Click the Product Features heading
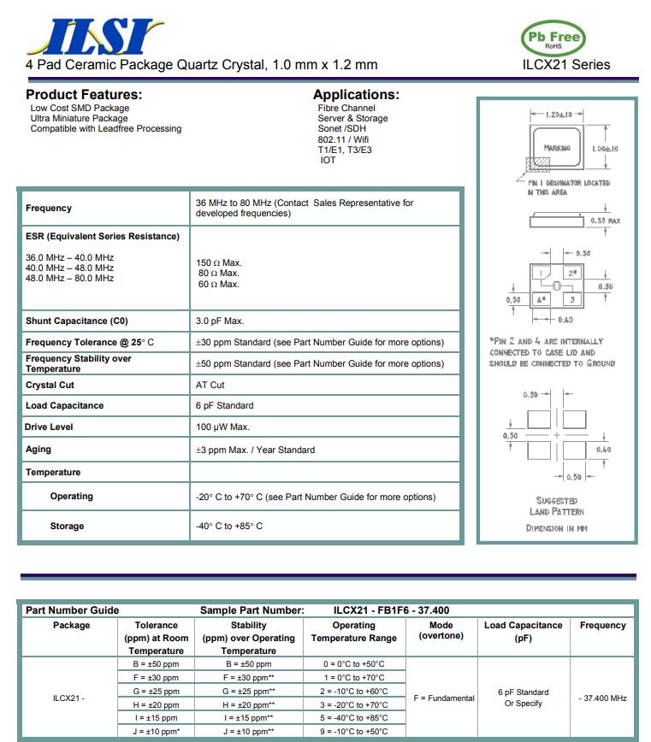click(84, 95)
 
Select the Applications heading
click(356, 95)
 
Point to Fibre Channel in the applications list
click(346, 109)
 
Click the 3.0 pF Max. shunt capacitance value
click(220, 321)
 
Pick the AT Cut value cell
click(210, 385)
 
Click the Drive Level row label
click(50, 427)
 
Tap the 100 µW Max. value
click(222, 427)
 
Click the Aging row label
click(38, 449)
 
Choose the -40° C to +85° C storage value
click(229, 526)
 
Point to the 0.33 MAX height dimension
click(605, 221)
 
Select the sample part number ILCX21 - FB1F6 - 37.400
click(391, 610)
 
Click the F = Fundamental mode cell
click(443, 698)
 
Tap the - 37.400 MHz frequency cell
click(602, 698)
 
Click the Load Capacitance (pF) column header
click(523, 632)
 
